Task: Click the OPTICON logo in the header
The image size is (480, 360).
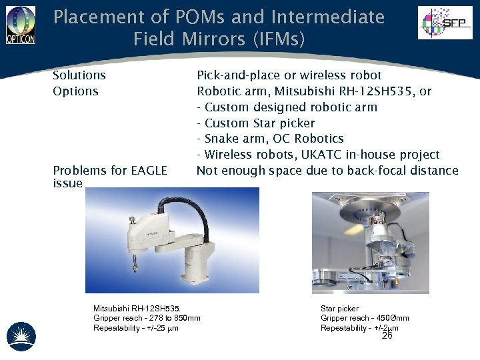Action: (x=20, y=25)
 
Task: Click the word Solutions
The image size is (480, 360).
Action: (x=79, y=75)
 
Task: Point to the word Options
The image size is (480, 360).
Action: (x=75, y=91)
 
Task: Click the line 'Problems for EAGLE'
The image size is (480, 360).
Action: (x=110, y=171)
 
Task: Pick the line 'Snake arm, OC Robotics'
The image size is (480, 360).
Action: (x=271, y=139)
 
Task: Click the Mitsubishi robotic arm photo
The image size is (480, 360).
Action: (x=172, y=240)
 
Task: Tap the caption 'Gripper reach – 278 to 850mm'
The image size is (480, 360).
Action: (x=147, y=318)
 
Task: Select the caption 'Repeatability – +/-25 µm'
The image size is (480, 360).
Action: (x=136, y=328)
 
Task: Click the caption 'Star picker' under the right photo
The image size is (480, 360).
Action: (x=339, y=309)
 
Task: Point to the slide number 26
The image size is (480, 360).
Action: (x=387, y=336)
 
